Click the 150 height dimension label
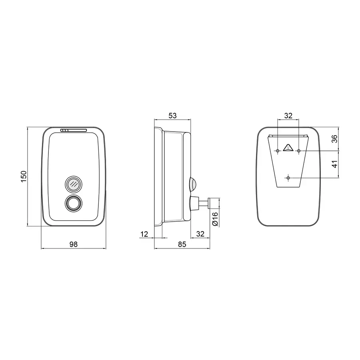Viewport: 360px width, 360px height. (x=24, y=176)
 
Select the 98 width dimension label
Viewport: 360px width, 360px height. (x=74, y=244)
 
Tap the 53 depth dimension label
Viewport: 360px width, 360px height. (x=172, y=116)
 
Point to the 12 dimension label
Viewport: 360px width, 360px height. (x=144, y=234)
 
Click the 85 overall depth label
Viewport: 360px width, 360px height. (x=182, y=244)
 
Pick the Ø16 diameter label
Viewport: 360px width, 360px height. (x=215, y=219)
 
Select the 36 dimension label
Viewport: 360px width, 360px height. (x=335, y=139)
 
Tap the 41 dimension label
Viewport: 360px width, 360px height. (x=335, y=164)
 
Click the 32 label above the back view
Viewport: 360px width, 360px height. (x=288, y=116)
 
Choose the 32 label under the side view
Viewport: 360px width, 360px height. (x=200, y=234)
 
